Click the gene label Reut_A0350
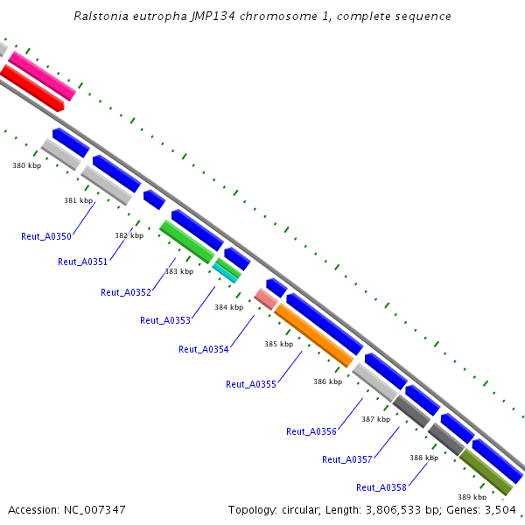pos(46,236)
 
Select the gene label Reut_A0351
pos(82,262)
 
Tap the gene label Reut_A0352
pos(126,292)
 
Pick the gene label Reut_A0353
pos(165,320)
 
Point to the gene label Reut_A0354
pos(204,349)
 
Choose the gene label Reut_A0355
pos(251,384)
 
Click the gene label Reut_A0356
pos(311,430)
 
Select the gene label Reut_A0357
pos(347,459)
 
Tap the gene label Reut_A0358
pos(381,487)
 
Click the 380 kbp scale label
pos(26,164)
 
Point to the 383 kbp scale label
pos(178,271)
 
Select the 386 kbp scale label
pos(326,381)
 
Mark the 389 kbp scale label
pos(472,497)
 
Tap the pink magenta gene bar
pos(42,74)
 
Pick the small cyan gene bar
pos(226,273)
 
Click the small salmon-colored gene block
pos(266,298)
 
